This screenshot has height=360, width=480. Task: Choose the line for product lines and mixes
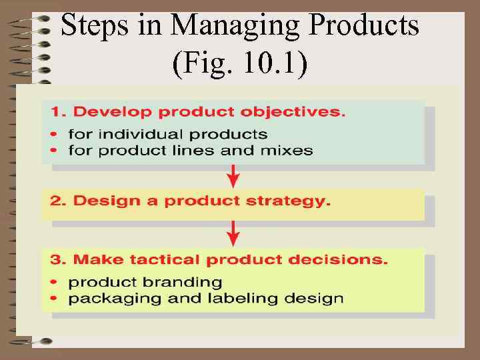pos(191,149)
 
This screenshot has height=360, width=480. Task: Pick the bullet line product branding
pos(145,282)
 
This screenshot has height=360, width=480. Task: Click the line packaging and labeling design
pos(206,298)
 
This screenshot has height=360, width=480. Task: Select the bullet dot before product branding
pos(54,283)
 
